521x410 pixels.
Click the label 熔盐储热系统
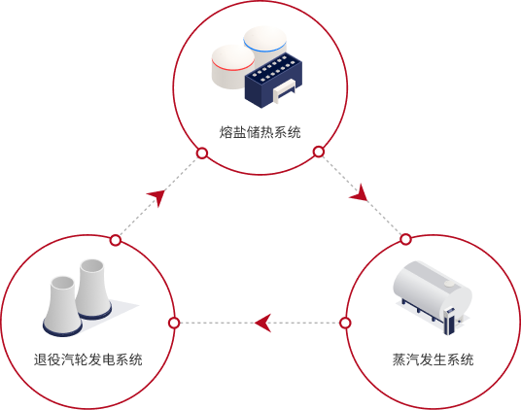260,132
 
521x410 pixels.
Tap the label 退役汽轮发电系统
88,359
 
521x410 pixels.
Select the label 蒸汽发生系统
433,359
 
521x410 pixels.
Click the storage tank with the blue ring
265,45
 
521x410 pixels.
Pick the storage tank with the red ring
232,67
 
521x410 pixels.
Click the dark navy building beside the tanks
273,81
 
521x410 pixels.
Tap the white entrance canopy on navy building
284,90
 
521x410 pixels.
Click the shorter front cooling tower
62,306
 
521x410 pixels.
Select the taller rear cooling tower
92,289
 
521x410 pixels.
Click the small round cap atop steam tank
449,284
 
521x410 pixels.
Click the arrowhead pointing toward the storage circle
156,197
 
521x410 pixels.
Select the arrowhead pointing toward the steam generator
360,193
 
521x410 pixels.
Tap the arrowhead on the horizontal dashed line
262,323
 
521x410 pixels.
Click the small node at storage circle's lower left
202,154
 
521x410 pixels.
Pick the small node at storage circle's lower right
319,152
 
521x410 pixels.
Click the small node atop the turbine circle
116,240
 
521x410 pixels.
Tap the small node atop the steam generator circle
405,239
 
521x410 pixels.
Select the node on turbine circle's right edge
174,323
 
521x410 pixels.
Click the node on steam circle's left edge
346,323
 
